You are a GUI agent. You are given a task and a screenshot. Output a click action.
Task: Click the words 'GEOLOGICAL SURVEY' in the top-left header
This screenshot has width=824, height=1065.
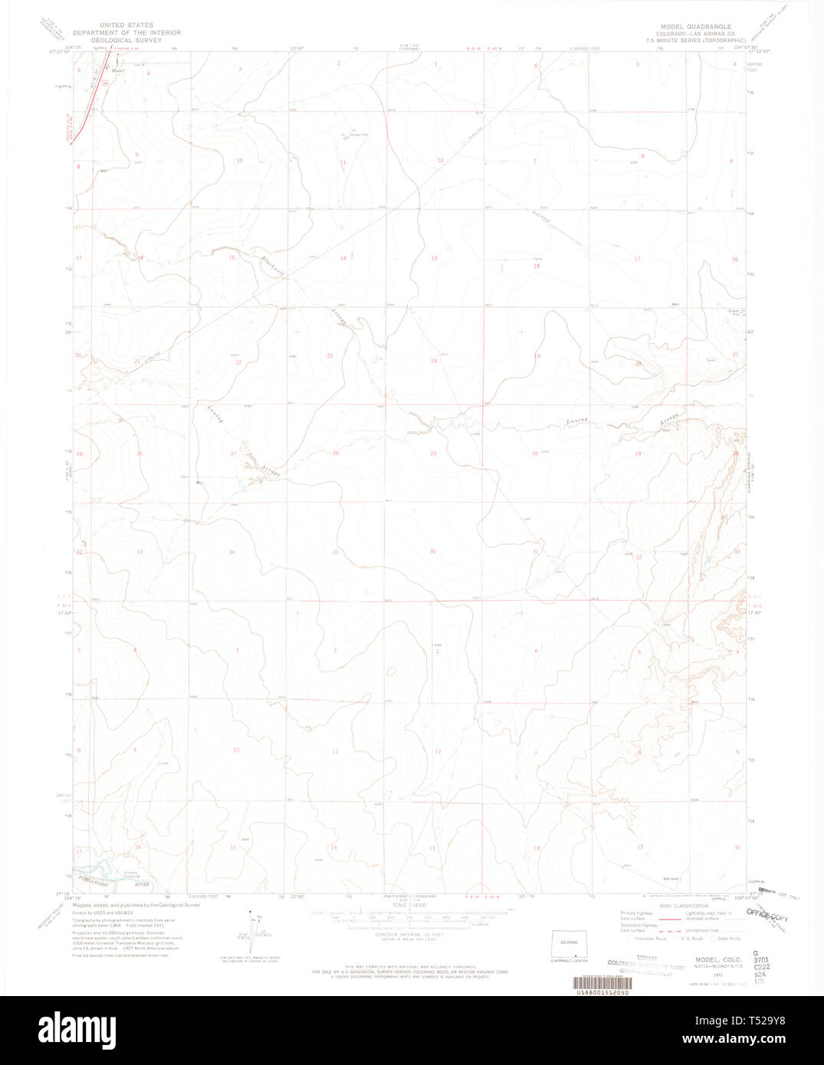pos(126,40)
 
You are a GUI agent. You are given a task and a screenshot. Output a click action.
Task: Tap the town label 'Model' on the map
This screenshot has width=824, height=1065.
pos(117,70)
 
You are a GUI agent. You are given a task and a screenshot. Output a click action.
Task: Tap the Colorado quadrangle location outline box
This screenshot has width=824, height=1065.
pos(569,944)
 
